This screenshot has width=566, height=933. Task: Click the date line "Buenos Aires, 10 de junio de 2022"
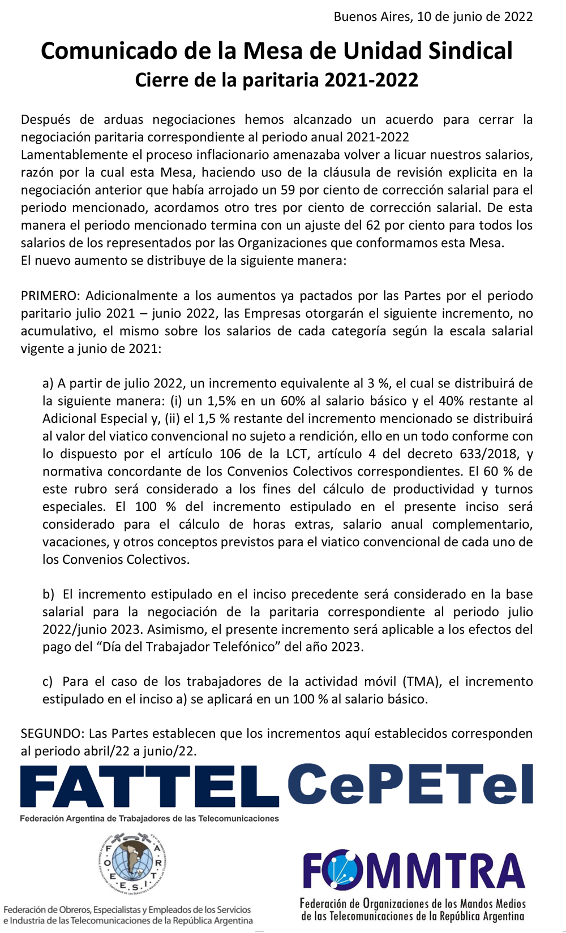(433, 16)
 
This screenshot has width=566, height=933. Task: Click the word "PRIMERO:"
(52, 296)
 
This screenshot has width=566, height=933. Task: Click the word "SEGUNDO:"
(53, 733)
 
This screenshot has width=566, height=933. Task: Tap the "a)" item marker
(48, 383)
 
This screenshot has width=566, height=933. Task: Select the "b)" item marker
(49, 594)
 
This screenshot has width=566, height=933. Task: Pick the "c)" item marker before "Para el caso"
(48, 681)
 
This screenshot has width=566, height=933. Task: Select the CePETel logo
(410, 784)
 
